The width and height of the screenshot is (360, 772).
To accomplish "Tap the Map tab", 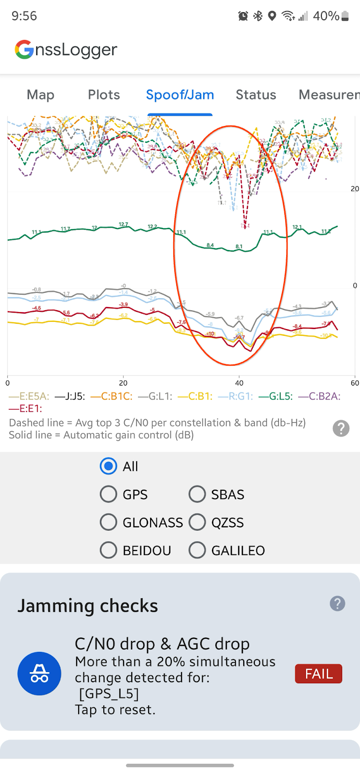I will (x=41, y=95).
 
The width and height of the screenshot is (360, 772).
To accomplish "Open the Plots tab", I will (x=104, y=95).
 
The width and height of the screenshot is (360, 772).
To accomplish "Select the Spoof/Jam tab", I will (x=180, y=95).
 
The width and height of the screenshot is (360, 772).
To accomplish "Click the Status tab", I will (x=256, y=95).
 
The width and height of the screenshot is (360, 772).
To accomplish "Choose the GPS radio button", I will (x=109, y=494).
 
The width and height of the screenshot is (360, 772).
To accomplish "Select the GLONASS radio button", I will (x=109, y=522).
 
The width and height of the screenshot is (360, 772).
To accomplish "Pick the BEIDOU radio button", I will (x=109, y=550).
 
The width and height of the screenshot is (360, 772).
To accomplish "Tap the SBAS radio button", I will (x=197, y=494).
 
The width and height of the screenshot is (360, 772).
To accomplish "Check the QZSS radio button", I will (x=197, y=522).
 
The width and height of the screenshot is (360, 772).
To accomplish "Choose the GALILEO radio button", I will (x=197, y=550).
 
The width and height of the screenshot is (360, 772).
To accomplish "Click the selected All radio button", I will (x=109, y=466).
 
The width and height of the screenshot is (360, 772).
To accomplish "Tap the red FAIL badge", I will (x=318, y=674).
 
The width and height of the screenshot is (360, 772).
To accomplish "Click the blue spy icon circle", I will (x=39, y=674).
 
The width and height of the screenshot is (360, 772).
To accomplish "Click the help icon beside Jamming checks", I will (x=337, y=603).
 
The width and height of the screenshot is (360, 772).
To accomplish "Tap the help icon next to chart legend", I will (x=341, y=428).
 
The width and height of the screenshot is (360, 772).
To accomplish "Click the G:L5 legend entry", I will (x=276, y=397).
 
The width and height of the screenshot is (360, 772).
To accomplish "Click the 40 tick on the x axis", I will (x=239, y=383).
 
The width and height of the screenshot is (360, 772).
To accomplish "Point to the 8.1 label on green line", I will (x=239, y=247).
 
